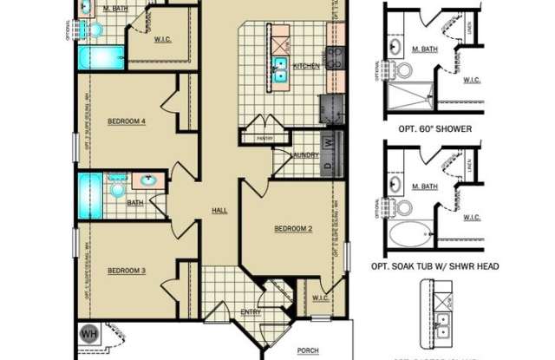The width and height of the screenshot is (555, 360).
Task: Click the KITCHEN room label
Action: (306, 66)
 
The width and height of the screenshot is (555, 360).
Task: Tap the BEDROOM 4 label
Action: (127, 121)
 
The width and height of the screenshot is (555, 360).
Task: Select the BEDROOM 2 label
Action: (293, 229)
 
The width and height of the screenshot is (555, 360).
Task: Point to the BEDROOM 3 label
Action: (127, 271)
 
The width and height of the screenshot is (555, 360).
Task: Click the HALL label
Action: (219, 211)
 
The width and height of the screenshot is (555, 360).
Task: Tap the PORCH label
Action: (307, 350)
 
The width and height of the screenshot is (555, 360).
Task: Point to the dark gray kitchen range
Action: (330, 109)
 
